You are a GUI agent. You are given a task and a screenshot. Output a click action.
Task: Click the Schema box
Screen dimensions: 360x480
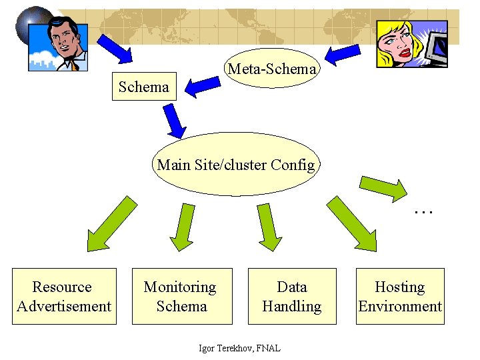(143, 87)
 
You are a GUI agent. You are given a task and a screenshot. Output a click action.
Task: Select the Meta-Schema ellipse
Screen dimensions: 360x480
(271, 69)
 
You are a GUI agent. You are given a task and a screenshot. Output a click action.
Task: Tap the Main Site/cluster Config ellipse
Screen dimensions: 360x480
(235, 165)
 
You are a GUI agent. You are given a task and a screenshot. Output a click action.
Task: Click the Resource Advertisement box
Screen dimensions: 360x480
(64, 297)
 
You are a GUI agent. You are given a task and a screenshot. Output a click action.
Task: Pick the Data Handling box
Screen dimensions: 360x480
(291, 297)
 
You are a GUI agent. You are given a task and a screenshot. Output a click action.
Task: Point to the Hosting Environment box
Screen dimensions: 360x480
(399, 297)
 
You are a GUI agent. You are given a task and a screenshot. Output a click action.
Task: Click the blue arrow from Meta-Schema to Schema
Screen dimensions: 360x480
(203, 85)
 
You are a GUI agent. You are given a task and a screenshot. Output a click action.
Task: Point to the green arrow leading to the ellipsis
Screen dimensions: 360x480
(383, 186)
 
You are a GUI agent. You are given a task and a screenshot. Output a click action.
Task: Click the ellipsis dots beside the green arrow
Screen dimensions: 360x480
(423, 212)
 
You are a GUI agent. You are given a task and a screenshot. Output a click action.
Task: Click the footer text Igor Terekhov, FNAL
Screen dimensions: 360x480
(240, 348)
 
